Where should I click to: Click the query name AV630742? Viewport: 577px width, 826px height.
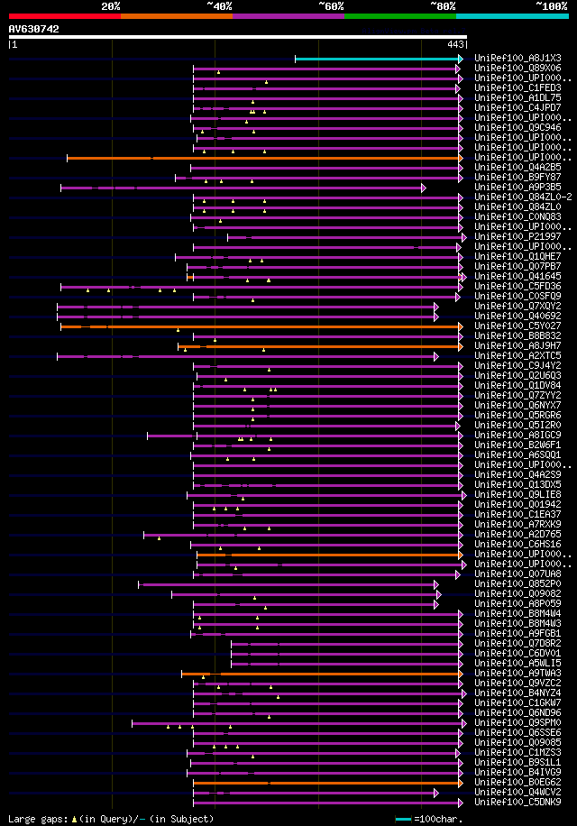click(x=34, y=29)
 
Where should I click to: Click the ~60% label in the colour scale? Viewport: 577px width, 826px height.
click(x=331, y=6)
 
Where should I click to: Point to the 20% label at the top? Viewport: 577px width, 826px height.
click(x=111, y=6)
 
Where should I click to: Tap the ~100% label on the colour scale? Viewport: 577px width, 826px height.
click(x=551, y=6)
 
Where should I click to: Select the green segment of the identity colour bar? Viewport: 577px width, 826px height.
click(x=399, y=16)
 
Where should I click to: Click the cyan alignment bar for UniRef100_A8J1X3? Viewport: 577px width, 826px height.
click(x=377, y=59)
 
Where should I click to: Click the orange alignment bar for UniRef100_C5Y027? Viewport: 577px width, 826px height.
click(x=261, y=326)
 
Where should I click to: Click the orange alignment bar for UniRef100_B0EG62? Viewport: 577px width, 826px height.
click(x=325, y=782)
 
